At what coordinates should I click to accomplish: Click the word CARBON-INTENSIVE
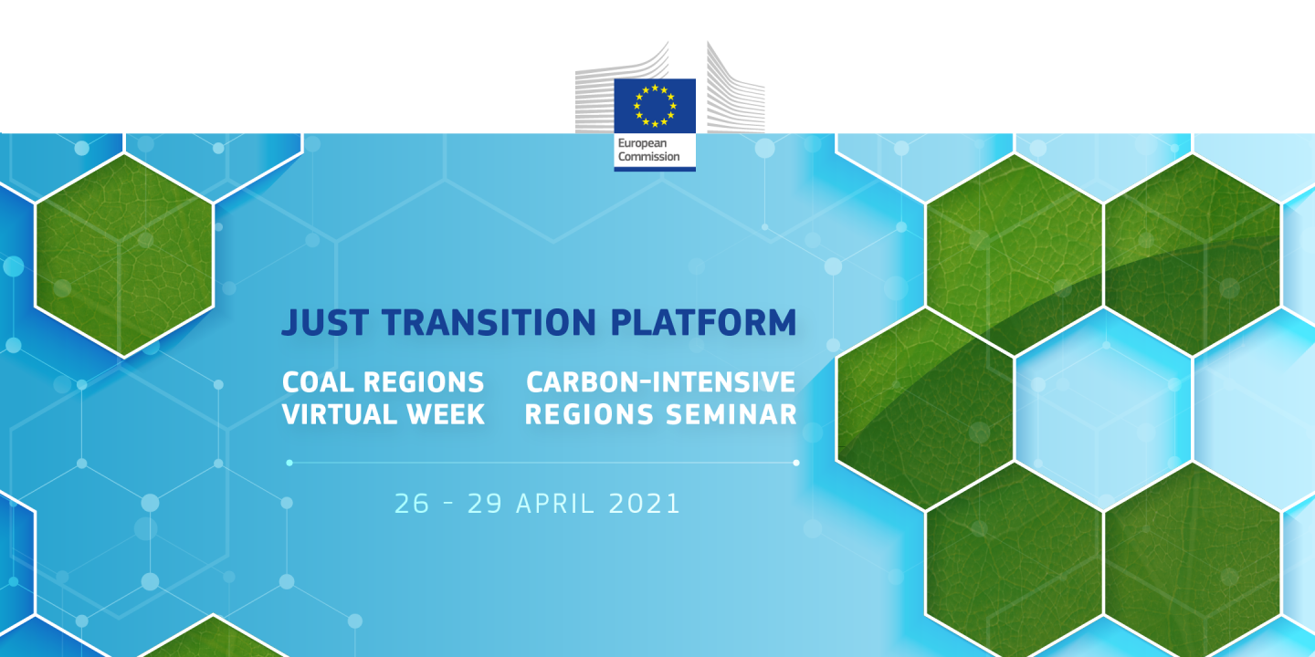pyautogui.click(x=661, y=381)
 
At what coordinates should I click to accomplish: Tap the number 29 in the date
pyautogui.click(x=485, y=504)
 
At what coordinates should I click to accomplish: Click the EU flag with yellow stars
pyautogui.click(x=654, y=104)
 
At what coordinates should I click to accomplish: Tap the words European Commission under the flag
pyautogui.click(x=648, y=151)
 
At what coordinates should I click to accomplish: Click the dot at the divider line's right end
pyautogui.click(x=796, y=463)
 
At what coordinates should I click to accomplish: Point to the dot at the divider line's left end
pyautogui.click(x=289, y=463)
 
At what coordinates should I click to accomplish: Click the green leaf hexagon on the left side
pyautogui.click(x=124, y=255)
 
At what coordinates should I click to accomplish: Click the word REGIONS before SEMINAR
pyautogui.click(x=589, y=414)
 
